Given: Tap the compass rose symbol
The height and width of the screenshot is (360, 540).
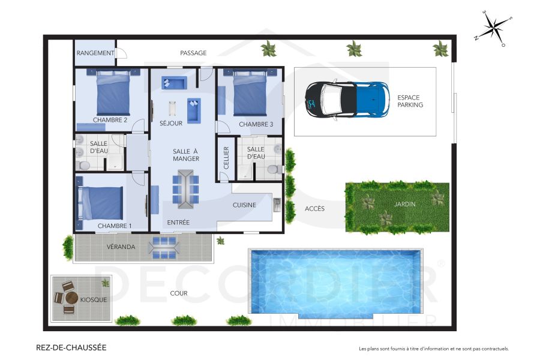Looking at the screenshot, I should (493, 28).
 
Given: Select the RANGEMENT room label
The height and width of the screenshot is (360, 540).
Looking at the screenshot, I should (95, 53).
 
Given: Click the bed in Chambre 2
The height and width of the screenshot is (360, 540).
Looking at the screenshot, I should (113, 93).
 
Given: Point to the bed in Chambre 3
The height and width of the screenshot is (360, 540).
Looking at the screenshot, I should (250, 94).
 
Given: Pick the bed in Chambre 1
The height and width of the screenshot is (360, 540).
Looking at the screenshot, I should (100, 203).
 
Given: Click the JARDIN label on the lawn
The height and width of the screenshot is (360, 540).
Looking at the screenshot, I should (405, 204).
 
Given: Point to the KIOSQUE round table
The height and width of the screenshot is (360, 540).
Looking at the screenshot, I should (71, 298).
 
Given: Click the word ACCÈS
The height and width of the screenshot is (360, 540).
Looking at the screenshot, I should (314, 209).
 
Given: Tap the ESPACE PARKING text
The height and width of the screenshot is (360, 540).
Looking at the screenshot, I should (410, 101).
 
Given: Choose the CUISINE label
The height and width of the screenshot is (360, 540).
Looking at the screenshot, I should (244, 205).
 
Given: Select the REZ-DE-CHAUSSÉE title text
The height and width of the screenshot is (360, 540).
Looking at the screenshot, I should (71, 347).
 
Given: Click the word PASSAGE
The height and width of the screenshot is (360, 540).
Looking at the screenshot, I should (193, 53).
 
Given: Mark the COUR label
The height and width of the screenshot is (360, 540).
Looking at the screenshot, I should (179, 293).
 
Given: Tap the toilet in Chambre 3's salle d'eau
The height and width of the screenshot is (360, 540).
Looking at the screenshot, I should (274, 169).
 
